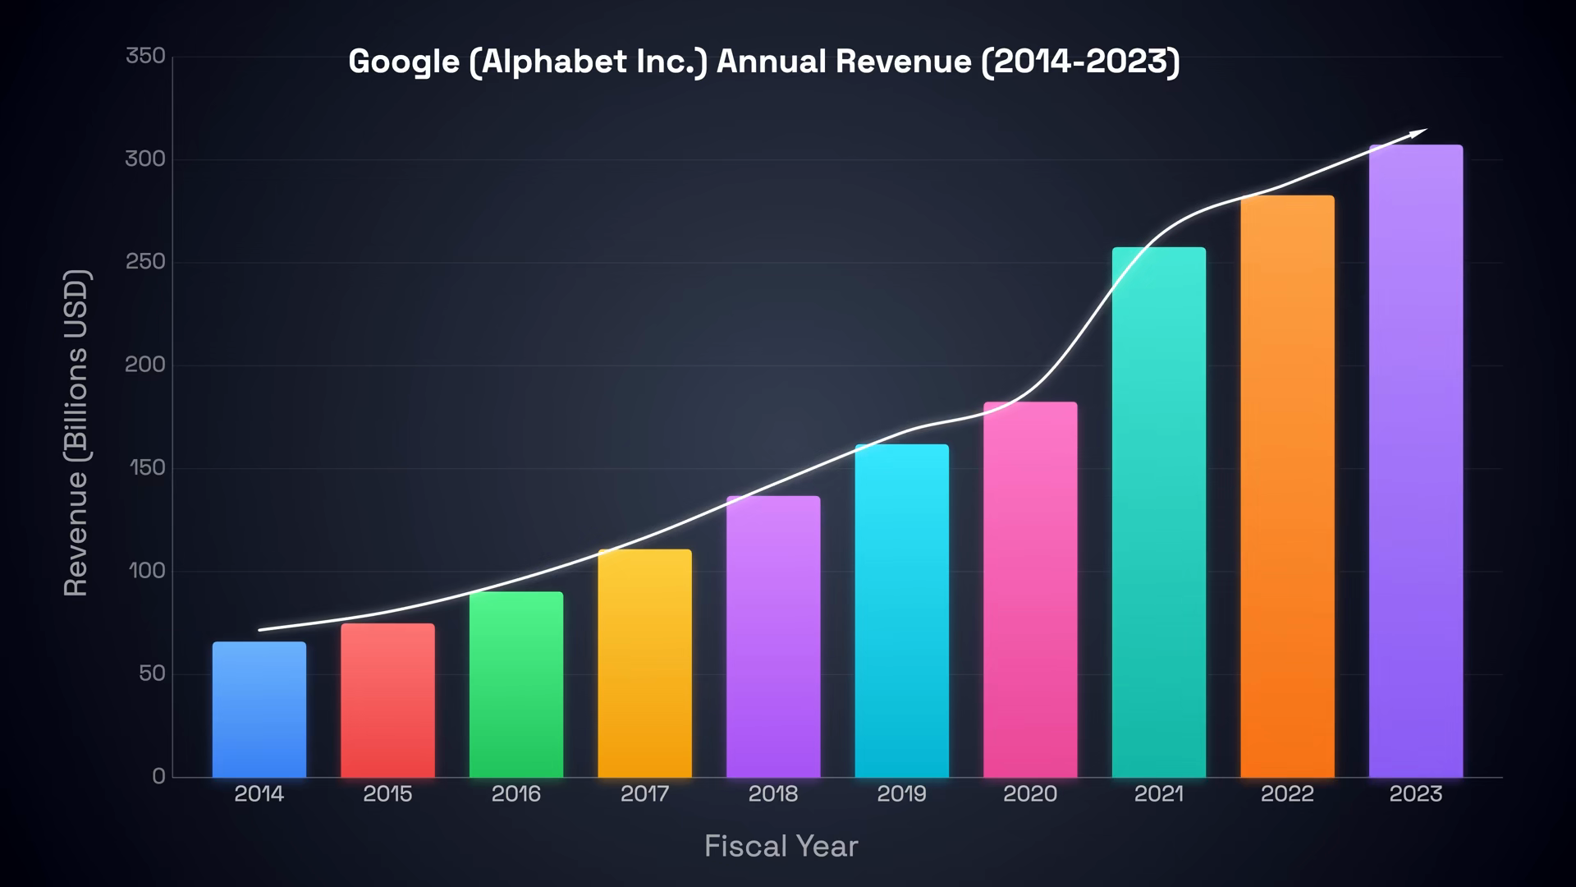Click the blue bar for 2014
point(259,710)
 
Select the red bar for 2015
point(387,701)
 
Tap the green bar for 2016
point(516,684)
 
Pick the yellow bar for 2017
point(644,663)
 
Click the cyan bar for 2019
point(901,611)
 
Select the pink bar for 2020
point(1030,590)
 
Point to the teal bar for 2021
point(1158,512)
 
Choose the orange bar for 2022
point(1287,486)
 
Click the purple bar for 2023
point(1416,461)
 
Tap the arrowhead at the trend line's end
point(1422,131)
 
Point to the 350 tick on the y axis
point(145,56)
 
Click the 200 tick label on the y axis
point(145,365)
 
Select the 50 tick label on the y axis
point(152,673)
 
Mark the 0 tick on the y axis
point(158,776)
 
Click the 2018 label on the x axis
point(773,794)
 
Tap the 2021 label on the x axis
point(1158,794)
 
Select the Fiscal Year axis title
point(781,846)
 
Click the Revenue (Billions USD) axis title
point(76,433)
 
